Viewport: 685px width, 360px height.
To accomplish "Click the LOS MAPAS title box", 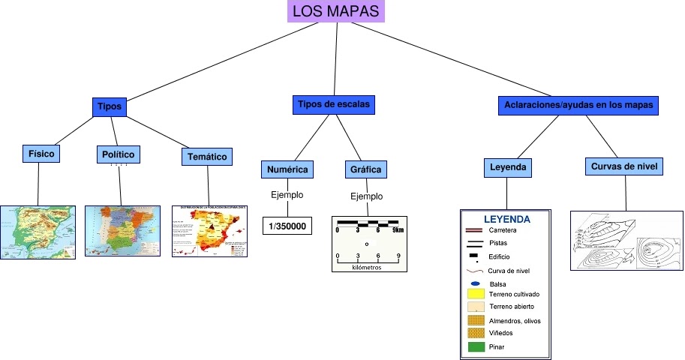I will click(335, 12).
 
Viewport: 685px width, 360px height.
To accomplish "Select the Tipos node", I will click(110, 106).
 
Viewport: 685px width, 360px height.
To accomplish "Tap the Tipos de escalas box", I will click(334, 105).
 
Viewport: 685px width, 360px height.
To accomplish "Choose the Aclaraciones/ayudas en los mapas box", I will click(578, 106).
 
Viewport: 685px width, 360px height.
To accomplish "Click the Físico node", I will click(42, 154).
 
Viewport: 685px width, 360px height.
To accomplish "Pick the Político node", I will click(118, 154).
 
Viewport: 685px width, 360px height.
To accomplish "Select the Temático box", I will click(207, 156).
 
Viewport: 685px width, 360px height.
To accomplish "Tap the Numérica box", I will click(287, 169).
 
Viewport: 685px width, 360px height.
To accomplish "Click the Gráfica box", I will click(365, 169).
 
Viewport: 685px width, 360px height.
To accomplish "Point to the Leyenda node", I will click(508, 167).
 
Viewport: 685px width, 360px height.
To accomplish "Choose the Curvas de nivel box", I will click(623, 166).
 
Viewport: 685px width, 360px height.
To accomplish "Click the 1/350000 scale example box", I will click(287, 225).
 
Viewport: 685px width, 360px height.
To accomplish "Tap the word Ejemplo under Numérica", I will click(287, 195).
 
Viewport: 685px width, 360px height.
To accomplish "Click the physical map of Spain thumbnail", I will click(38, 232).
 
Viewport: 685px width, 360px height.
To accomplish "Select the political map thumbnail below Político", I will click(123, 232).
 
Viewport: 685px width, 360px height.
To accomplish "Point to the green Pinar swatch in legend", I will click(476, 347).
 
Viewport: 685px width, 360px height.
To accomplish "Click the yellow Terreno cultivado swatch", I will click(476, 295).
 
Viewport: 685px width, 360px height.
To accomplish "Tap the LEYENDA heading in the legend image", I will click(507, 220).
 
